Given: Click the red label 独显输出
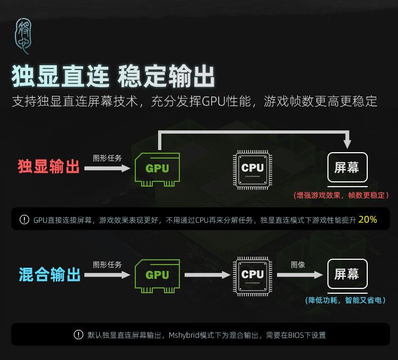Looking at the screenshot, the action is click(x=49, y=167).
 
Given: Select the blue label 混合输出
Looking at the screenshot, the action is click(x=49, y=275).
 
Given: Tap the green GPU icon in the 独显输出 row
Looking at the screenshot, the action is click(x=157, y=168).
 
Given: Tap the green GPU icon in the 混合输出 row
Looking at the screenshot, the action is click(x=157, y=275).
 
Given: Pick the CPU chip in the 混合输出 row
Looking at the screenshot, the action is click(x=252, y=275).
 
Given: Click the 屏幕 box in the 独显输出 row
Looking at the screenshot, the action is click(x=347, y=168).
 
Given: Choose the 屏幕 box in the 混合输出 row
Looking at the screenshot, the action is click(x=347, y=274).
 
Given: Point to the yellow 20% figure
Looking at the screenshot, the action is click(x=368, y=219).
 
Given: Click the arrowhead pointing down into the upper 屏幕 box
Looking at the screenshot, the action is click(x=348, y=143).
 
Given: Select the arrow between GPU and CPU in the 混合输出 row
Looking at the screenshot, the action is click(x=207, y=275).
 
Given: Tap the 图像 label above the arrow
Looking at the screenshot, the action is click(x=298, y=265).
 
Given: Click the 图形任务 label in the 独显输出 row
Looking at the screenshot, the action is click(x=107, y=158).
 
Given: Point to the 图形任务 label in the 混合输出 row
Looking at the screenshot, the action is click(x=107, y=265).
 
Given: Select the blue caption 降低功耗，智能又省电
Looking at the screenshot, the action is click(x=345, y=301).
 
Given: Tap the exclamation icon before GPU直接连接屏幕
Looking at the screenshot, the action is click(x=24, y=219).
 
